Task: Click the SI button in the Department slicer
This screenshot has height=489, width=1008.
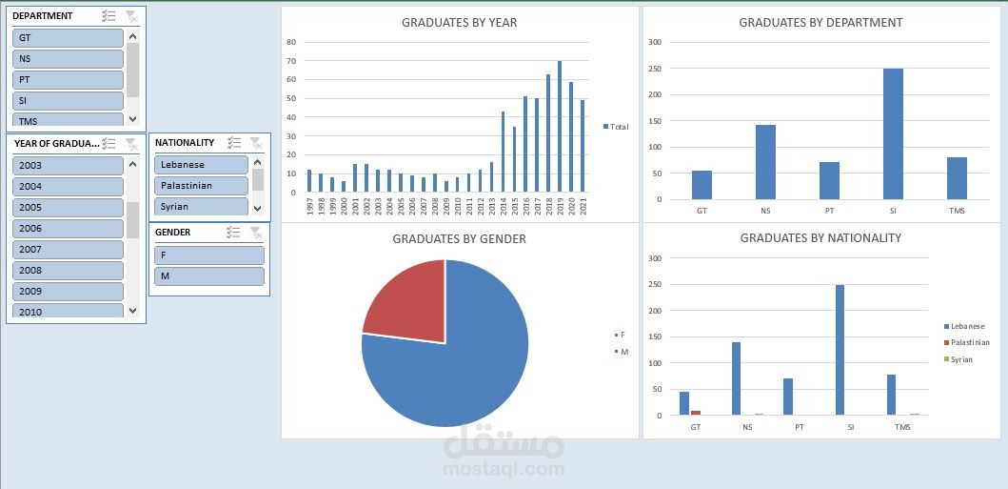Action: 68,100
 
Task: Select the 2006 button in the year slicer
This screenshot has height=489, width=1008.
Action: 68,229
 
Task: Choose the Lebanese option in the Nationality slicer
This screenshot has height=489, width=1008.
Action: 201,165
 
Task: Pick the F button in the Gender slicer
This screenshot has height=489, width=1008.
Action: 208,255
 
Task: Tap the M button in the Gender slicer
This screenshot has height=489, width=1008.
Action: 208,276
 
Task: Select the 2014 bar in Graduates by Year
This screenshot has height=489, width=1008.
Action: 503,157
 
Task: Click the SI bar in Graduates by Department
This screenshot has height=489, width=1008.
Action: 893,133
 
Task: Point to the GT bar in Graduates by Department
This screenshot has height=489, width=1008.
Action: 702,185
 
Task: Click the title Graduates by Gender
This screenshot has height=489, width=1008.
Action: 459,239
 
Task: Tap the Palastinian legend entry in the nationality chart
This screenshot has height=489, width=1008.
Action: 969,342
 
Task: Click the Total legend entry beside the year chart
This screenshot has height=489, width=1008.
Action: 617,127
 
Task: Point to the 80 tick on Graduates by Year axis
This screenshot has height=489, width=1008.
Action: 291,42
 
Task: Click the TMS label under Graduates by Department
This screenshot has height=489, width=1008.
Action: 957,211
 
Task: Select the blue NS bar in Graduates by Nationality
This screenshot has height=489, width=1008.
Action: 737,377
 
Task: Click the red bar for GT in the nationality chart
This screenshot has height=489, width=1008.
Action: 696,413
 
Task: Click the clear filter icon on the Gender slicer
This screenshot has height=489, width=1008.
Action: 256,233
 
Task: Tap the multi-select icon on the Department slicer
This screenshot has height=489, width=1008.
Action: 109,16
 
